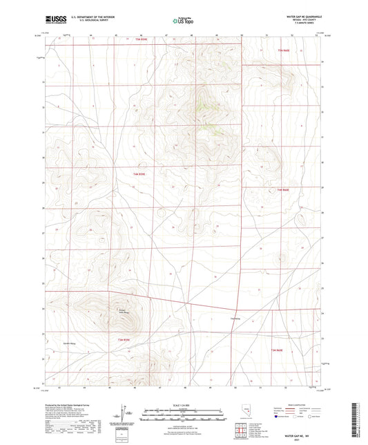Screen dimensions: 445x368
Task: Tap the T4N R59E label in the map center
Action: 139,174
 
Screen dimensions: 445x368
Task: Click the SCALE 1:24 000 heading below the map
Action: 183,404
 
